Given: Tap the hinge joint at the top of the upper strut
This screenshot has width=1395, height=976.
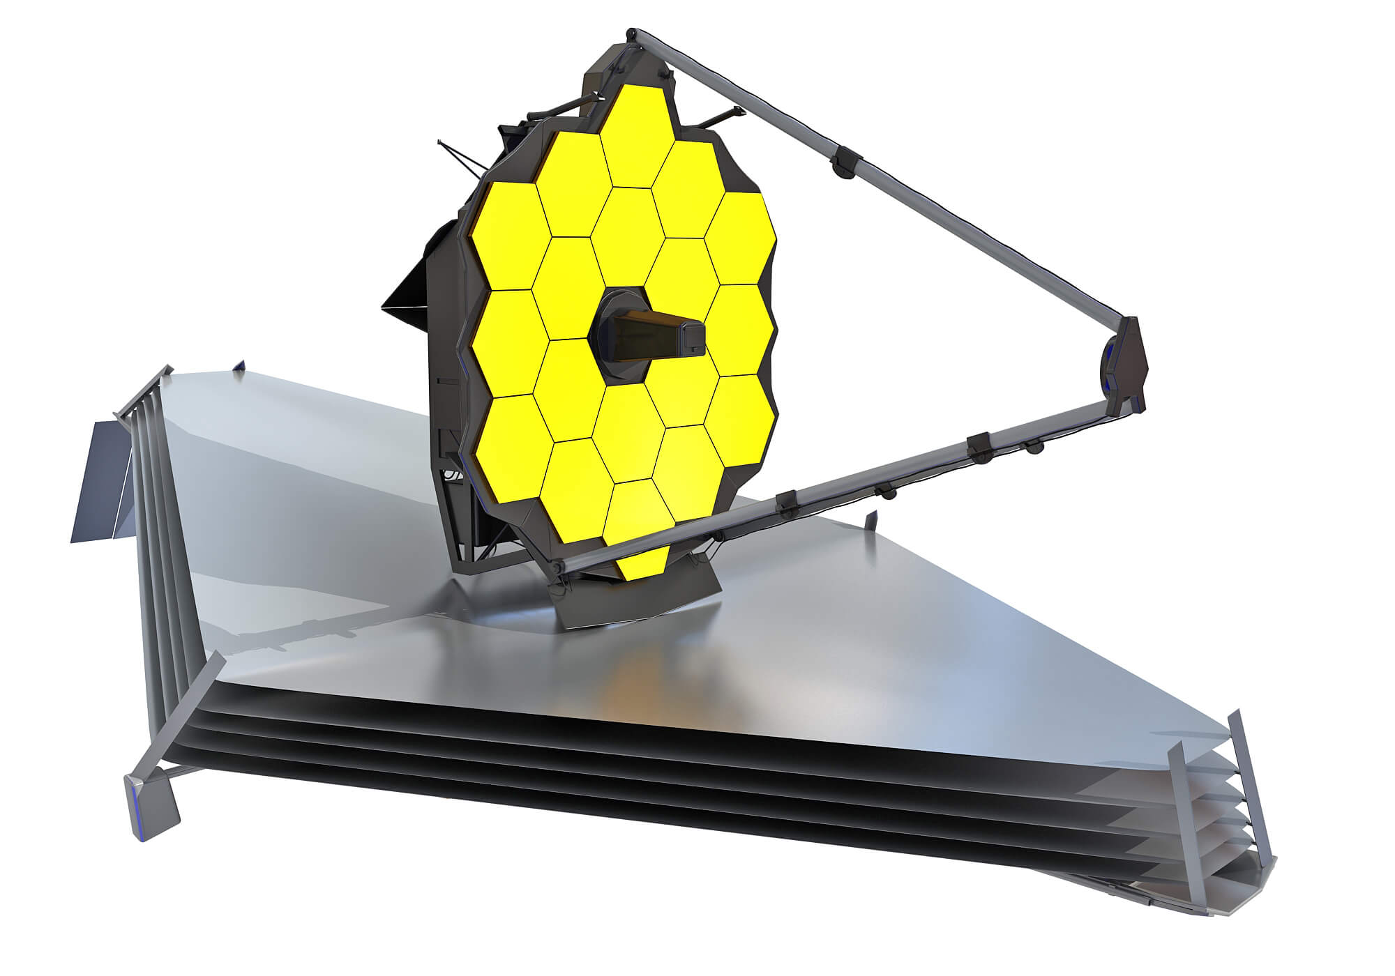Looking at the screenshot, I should (x=632, y=33).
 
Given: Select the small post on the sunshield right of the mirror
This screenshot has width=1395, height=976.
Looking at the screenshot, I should (x=870, y=520).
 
